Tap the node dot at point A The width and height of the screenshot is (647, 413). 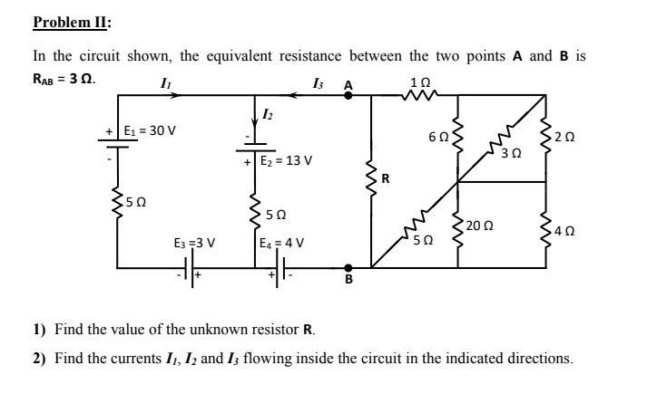[x=348, y=93]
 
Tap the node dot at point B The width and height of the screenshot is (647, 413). [x=348, y=267]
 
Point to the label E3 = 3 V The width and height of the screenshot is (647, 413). [x=194, y=243]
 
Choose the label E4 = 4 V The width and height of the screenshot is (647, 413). [x=281, y=243]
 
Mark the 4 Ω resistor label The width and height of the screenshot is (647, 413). [x=570, y=229]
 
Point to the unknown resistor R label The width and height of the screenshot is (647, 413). [x=385, y=178]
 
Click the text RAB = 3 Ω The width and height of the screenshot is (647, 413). [x=64, y=77]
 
